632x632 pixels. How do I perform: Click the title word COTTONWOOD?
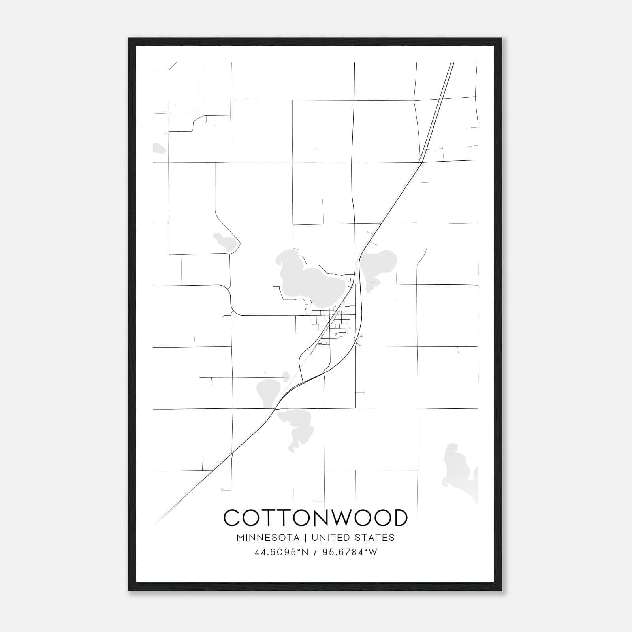tap(315, 518)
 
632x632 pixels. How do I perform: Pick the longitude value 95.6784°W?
tap(350, 552)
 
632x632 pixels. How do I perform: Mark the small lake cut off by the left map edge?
tap(158, 149)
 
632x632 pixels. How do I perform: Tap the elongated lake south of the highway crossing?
tap(298, 427)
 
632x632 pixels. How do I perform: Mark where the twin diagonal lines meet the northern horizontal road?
tap(421, 162)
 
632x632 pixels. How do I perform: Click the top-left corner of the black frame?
tap(129, 39)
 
